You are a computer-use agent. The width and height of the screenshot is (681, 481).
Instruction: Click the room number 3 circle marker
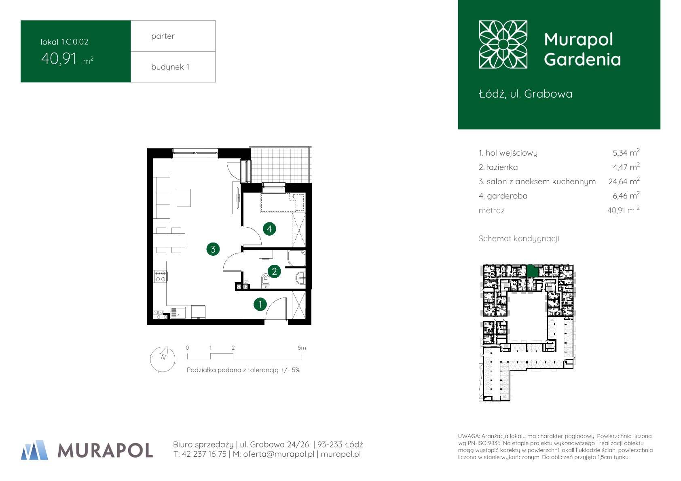(x=213, y=249)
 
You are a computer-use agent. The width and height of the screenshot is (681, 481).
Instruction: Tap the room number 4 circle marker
(x=269, y=229)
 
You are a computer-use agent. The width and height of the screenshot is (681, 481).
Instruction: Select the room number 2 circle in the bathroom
(x=274, y=271)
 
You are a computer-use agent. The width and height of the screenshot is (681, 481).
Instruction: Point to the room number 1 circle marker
(x=260, y=304)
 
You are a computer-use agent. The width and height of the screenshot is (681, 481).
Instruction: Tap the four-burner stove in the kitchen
(x=161, y=276)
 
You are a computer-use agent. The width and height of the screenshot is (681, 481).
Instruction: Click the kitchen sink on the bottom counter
(x=178, y=313)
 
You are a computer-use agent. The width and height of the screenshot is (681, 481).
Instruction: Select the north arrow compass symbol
(x=163, y=359)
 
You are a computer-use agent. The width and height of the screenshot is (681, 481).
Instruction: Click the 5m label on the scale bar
(x=302, y=348)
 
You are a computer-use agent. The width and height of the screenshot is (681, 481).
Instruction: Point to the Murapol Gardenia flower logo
(x=503, y=44)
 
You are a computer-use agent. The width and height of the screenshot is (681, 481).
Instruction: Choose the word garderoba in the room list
(x=507, y=196)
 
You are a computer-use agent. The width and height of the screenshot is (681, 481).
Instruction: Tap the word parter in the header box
(x=163, y=36)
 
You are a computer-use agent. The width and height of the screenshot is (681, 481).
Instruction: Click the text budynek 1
(x=170, y=67)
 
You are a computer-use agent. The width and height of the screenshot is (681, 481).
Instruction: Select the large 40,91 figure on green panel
(x=59, y=59)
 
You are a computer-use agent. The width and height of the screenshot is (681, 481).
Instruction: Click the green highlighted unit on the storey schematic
(x=532, y=271)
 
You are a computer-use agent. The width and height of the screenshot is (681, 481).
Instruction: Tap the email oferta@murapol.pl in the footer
(x=279, y=454)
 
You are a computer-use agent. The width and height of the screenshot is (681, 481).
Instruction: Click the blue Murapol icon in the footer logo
(x=34, y=450)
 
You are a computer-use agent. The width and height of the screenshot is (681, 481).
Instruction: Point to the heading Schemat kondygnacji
(x=519, y=238)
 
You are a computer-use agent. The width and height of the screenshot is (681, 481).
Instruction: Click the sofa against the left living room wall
(x=161, y=198)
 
